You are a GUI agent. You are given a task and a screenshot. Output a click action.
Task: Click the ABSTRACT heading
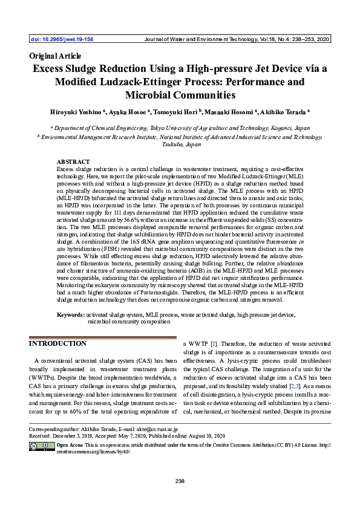(x=73, y=162)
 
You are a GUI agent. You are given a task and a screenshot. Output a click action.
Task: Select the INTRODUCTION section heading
(x=58, y=343)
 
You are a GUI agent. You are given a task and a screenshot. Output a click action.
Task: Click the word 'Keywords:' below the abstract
(x=70, y=315)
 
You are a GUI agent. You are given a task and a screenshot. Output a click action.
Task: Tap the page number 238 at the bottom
(x=180, y=481)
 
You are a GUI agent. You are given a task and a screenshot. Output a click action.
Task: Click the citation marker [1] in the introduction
(x=214, y=343)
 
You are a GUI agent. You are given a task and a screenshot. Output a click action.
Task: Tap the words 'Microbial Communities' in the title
(x=180, y=95)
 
